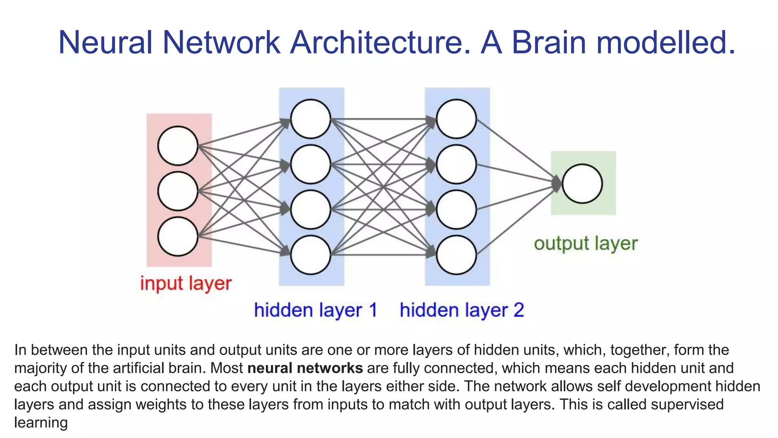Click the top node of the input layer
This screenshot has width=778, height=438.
178,146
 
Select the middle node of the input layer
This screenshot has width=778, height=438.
178,191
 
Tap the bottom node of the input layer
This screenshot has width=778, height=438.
178,236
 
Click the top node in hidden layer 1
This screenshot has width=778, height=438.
311,119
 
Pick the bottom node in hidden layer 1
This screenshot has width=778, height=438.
311,255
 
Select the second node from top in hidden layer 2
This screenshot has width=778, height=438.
456,164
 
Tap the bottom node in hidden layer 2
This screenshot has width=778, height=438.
456,255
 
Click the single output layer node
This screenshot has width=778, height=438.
582,184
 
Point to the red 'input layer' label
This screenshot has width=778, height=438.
186,284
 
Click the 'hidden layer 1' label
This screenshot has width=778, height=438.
315,310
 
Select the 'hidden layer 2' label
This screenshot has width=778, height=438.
462,310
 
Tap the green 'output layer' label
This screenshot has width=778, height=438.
585,244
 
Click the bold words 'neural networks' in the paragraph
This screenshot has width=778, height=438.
305,368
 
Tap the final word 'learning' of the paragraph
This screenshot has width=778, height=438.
41,422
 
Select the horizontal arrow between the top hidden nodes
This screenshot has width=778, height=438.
384,119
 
